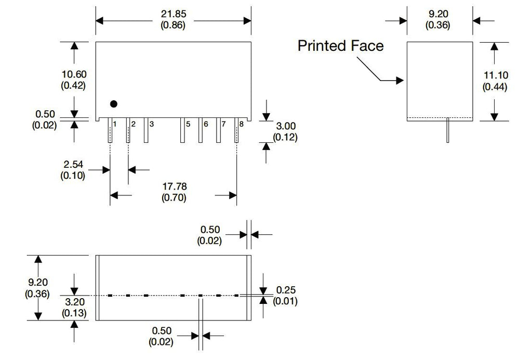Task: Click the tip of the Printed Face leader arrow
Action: point(404,81)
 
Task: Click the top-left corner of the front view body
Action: point(96,42)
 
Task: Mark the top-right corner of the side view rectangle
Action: point(473,42)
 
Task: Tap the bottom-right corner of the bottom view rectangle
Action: point(251,320)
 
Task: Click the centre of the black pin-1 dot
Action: point(114,104)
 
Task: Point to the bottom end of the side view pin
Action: point(448,142)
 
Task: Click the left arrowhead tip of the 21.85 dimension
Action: point(96,21)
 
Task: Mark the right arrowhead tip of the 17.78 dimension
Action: point(236,195)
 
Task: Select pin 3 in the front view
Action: point(146,130)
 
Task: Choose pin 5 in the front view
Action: point(182,130)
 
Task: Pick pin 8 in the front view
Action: point(236,130)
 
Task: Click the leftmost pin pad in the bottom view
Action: point(110,296)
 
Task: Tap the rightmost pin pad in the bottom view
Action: point(236,296)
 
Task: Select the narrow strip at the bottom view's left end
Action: point(97,288)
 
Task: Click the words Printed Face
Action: point(341,46)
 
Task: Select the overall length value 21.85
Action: point(174,14)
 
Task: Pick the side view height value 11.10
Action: point(496,75)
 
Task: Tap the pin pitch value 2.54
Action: point(73,165)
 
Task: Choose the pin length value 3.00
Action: point(286,126)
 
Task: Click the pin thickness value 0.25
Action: point(286,290)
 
